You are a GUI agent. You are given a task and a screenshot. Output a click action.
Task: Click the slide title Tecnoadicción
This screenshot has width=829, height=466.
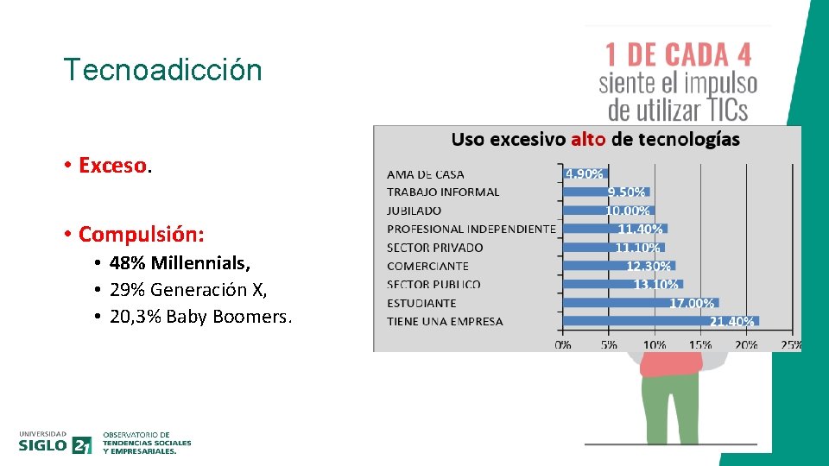click(162, 70)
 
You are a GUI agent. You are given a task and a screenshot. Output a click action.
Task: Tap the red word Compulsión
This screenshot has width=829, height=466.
click(141, 234)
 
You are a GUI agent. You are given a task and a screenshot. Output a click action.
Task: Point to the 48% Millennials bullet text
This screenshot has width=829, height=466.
click(180, 263)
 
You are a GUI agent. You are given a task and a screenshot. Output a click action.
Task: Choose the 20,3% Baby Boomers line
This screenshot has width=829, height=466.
click(200, 317)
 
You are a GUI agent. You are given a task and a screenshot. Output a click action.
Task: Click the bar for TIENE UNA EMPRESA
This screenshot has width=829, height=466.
click(660, 321)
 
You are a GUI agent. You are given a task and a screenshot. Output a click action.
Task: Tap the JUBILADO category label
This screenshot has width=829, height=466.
click(414, 211)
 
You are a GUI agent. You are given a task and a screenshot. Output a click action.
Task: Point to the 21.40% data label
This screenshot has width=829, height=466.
click(732, 321)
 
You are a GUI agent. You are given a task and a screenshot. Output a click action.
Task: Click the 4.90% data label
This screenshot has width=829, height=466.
click(584, 173)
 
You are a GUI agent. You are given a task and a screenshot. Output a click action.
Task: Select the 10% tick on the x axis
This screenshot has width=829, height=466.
click(654, 344)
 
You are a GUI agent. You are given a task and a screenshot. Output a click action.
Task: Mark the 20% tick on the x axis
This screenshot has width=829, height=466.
click(746, 344)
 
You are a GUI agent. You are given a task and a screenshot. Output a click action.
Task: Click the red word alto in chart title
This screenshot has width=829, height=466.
click(588, 139)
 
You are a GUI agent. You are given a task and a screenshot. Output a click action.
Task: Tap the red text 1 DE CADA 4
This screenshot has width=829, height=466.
click(678, 55)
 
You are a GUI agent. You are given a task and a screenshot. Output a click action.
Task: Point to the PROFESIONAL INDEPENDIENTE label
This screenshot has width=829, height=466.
click(471, 229)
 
